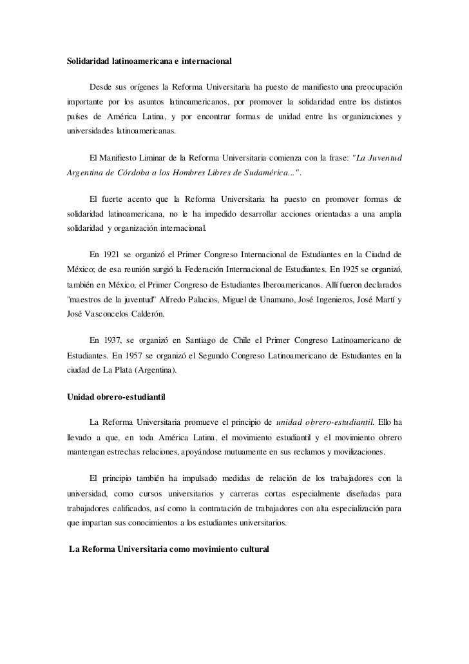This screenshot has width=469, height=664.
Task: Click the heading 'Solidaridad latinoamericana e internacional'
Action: pos(149,62)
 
